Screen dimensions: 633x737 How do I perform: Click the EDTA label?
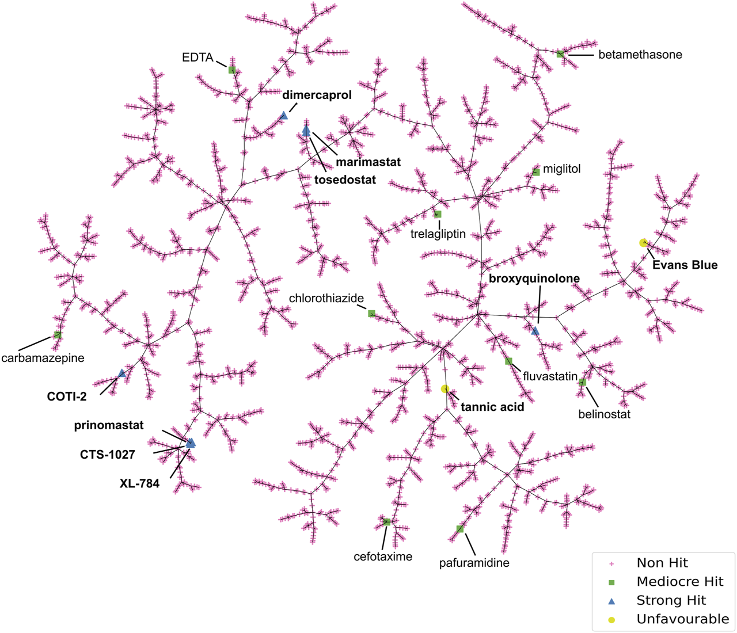pos(197,58)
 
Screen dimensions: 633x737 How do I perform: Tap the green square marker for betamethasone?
pos(560,54)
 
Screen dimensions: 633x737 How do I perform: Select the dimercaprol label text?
pos(317,95)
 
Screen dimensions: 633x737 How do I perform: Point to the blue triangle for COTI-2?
pos(121,374)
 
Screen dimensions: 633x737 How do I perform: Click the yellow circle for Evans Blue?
pos(643,243)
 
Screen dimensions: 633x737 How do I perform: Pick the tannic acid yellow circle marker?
pos(445,389)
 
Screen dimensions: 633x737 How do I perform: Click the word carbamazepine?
pos(43,358)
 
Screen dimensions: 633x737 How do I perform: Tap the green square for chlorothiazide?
pos(371,314)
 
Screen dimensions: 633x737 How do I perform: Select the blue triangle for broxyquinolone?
pos(535,331)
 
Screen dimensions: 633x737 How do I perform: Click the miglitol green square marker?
pos(536,171)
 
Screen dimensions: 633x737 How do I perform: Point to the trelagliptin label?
pos(438,234)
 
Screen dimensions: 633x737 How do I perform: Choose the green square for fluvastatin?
pos(508,361)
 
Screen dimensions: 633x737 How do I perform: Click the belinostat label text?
pos(604,414)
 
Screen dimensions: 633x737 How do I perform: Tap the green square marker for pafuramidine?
pos(460,529)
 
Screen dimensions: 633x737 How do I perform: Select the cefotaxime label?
pos(383,556)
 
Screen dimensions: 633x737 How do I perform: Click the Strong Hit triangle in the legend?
pos(611,601)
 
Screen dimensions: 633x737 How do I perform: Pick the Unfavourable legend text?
pos(682,619)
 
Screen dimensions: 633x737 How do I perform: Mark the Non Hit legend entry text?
pos(662,563)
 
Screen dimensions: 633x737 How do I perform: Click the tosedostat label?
pos(345,180)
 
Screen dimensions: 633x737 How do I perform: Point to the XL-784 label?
pos(139,483)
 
